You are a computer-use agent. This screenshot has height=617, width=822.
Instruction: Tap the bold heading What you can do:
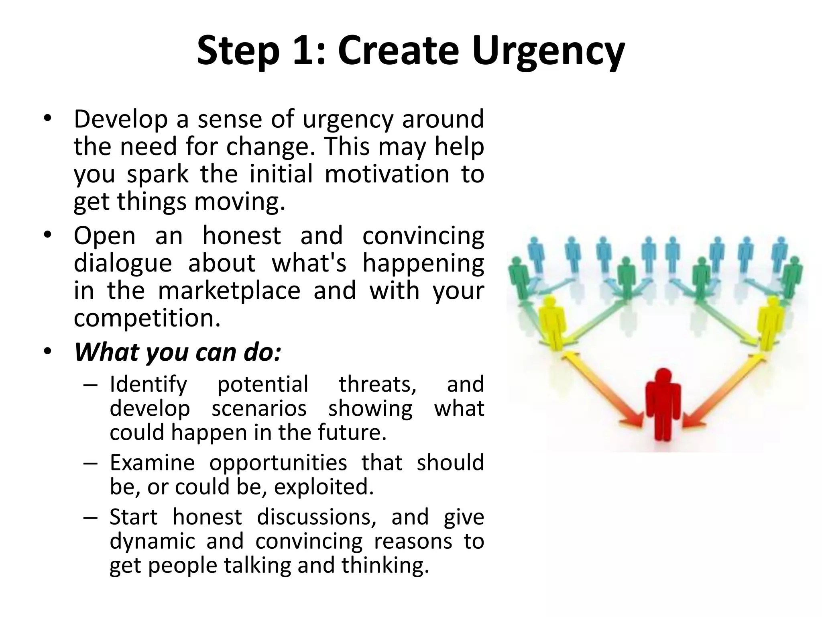[x=178, y=352]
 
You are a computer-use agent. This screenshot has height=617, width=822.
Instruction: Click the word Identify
[x=149, y=384]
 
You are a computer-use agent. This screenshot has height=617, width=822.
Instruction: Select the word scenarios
[x=259, y=409]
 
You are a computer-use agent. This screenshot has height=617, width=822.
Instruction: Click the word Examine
[x=152, y=462]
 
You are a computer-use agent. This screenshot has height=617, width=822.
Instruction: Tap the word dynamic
[x=152, y=541]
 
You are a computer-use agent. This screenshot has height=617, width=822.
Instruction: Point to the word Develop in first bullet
[x=121, y=119]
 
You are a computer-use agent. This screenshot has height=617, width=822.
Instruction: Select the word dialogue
[x=123, y=263]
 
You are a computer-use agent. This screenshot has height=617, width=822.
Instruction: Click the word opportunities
[x=278, y=463]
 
